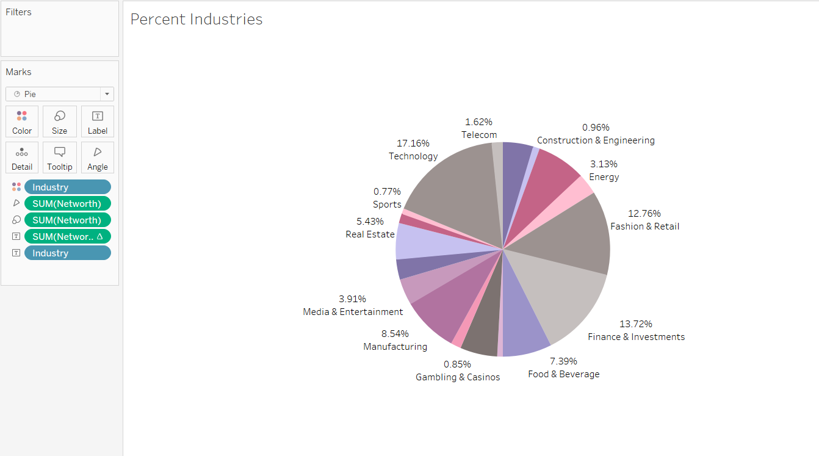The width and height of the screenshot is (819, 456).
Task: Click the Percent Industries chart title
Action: pyautogui.click(x=197, y=20)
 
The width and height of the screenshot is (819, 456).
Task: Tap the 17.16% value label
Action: pyautogui.click(x=413, y=143)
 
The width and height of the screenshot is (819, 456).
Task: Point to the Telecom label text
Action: pyautogui.click(x=479, y=135)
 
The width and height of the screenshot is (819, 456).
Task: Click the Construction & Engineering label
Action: pyautogui.click(x=596, y=140)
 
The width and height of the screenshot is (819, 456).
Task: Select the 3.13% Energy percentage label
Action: pyautogui.click(x=604, y=164)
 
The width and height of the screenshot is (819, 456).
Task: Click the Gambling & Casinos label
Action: pyautogui.click(x=458, y=377)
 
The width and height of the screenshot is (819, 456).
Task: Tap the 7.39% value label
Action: pyautogui.click(x=563, y=361)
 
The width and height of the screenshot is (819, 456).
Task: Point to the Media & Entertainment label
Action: pyautogui.click(x=353, y=312)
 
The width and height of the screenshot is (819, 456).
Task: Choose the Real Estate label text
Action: pyautogui.click(x=370, y=234)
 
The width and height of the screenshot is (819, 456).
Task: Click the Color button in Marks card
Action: pyautogui.click(x=22, y=121)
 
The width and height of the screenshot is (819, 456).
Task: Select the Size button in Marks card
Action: pyautogui.click(x=60, y=121)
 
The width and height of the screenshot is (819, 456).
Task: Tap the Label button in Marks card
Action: pyautogui.click(x=98, y=121)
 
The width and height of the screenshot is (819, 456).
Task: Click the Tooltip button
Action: pyautogui.click(x=60, y=157)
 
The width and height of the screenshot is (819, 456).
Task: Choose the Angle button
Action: pyautogui.click(x=98, y=157)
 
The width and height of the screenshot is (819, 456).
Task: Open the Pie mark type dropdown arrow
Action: pyautogui.click(x=107, y=94)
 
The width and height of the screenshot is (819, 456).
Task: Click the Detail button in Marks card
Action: pyautogui.click(x=22, y=157)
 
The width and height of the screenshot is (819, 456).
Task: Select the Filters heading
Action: pyautogui.click(x=18, y=12)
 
